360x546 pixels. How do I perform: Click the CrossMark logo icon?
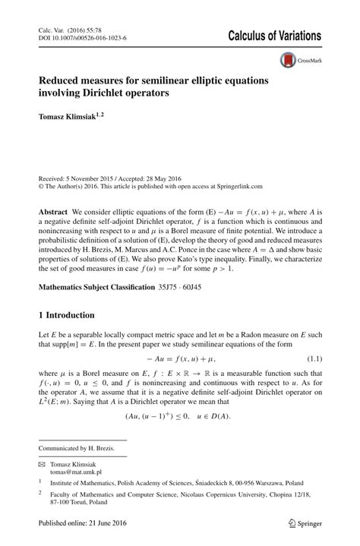(288, 60)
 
